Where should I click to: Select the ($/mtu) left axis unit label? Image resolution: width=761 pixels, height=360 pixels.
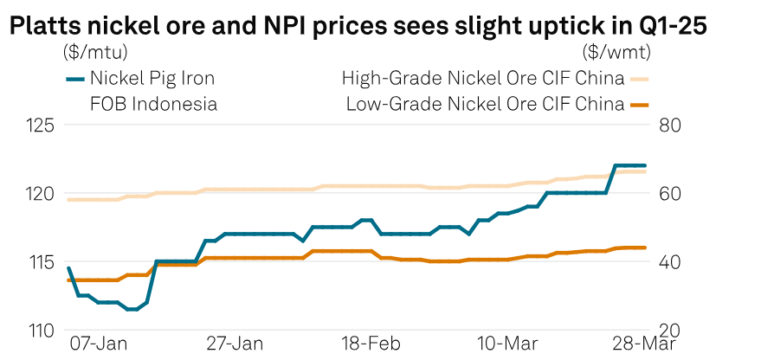tap(94, 52)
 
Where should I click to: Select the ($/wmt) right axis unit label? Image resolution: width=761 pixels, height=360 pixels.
tap(616, 52)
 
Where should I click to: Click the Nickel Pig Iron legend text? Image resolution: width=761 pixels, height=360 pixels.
tap(152, 79)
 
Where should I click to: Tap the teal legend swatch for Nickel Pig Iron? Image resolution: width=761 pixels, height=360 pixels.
tap(75, 79)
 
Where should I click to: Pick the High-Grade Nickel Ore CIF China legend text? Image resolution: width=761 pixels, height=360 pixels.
tap(483, 79)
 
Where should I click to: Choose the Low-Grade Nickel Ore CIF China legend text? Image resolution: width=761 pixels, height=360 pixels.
tap(485, 105)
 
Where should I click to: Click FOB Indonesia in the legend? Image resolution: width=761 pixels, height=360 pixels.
tap(153, 105)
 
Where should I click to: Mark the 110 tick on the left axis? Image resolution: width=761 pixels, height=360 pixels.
tap(41, 331)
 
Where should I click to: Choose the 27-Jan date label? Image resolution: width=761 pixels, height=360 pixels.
tap(236, 344)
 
